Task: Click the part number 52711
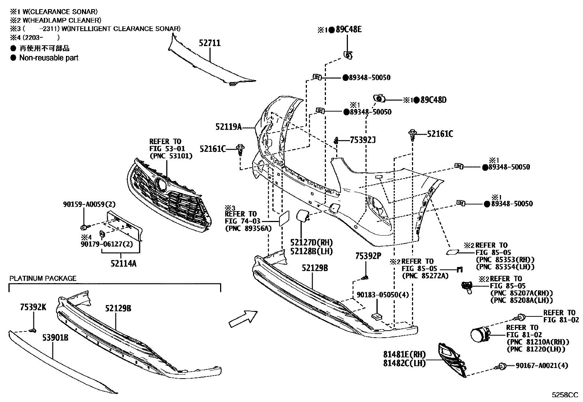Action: (209, 43)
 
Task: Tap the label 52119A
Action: (229, 127)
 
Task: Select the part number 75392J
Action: (363, 140)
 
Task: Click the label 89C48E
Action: (349, 29)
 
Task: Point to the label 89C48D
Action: (433, 100)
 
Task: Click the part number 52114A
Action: (123, 264)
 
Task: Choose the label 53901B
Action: (55, 338)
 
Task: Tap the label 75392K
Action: (33, 307)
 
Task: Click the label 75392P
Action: (368, 256)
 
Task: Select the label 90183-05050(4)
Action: (383, 295)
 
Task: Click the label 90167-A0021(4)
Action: (542, 365)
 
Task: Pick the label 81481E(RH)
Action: (404, 354)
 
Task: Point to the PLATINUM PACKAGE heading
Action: (43, 278)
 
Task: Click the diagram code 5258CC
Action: (565, 395)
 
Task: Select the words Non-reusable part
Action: (49, 58)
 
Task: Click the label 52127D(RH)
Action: (312, 243)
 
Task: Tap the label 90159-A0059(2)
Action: (89, 204)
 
